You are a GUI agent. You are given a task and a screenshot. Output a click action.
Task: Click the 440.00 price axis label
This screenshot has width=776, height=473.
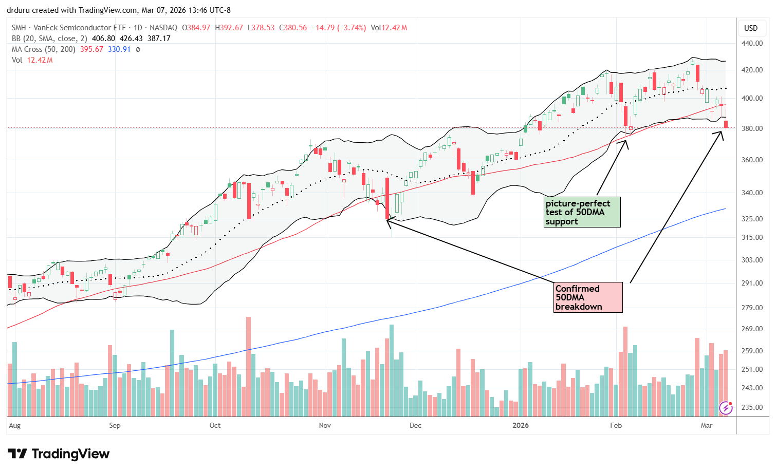752,44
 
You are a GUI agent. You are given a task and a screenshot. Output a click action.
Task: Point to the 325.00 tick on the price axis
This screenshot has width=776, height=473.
752,219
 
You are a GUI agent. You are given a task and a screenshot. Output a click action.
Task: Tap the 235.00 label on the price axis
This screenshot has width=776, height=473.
752,407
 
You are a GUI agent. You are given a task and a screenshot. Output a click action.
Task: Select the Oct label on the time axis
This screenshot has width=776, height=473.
215,425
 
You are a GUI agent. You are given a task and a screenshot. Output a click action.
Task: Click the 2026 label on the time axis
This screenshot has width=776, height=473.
521,425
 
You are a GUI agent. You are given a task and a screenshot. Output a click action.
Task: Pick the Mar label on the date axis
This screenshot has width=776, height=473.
707,425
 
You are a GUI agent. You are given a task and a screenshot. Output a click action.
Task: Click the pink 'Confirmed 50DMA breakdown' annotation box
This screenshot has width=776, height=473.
588,297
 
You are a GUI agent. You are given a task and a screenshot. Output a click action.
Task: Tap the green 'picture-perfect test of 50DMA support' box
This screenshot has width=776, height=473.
582,212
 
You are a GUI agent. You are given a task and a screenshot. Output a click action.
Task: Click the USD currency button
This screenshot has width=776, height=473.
751,28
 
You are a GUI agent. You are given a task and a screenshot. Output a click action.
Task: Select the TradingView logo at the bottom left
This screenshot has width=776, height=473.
59,454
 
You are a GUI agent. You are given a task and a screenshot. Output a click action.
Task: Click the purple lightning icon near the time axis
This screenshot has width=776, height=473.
726,408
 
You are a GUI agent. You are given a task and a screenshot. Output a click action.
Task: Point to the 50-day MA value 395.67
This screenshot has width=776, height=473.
92,49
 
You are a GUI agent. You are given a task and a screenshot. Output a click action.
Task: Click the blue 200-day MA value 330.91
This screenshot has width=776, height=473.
119,49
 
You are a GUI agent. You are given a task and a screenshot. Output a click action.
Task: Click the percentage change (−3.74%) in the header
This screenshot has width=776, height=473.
352,28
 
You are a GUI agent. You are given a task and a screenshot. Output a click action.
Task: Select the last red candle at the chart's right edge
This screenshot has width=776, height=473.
726,124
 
